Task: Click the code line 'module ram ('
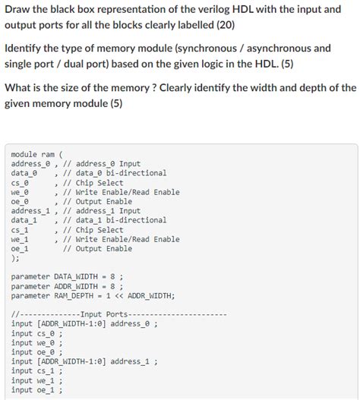point(37,154)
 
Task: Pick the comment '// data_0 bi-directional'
point(115,173)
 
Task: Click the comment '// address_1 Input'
point(103,211)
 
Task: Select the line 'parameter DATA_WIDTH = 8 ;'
point(68,277)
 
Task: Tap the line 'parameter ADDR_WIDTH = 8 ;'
point(68,286)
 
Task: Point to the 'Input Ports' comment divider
point(119,314)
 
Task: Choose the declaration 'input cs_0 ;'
point(37,333)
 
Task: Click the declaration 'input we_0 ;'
point(37,343)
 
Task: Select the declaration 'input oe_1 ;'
point(37,390)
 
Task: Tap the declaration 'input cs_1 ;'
point(37,371)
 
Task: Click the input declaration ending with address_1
point(84,362)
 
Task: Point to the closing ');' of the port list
point(16,258)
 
